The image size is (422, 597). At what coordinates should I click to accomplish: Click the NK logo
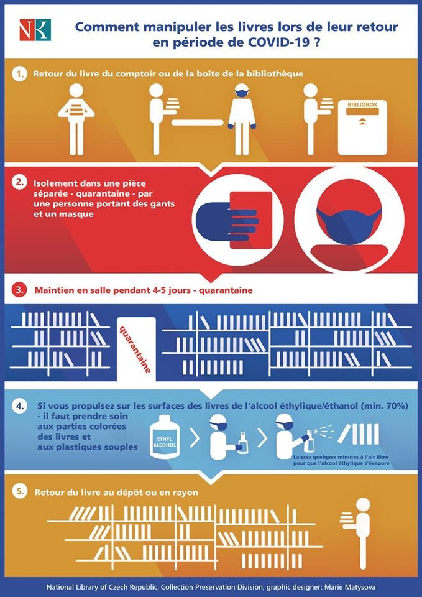[35, 30]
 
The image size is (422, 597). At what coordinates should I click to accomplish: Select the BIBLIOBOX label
[362, 104]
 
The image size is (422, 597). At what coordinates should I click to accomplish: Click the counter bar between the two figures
[197, 123]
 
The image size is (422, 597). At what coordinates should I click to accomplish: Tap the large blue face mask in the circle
[349, 225]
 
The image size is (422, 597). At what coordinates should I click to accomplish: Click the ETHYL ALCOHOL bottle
[165, 437]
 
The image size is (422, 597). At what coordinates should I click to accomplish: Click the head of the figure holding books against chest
[76, 91]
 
